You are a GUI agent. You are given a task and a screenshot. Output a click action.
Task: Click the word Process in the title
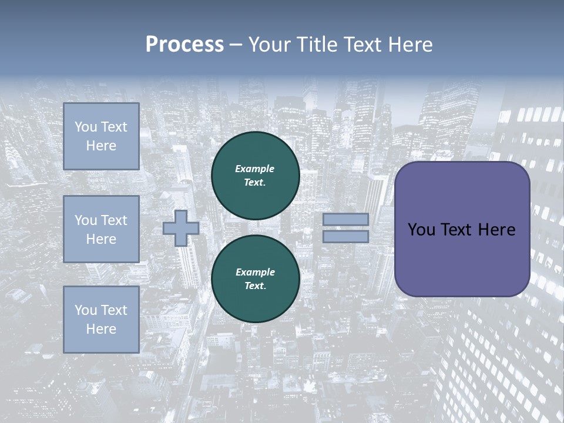coord(184,45)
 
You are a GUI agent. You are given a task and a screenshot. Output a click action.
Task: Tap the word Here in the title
coord(408,45)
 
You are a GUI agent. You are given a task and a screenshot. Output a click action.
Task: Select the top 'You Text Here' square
coord(101,136)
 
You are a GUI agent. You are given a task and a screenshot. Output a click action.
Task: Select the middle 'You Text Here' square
coord(101,229)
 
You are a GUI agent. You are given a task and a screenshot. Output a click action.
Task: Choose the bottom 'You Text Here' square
coord(101,320)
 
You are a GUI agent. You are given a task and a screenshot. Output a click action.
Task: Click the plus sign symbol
coord(181,228)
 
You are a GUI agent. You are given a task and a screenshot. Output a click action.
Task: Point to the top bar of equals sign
coord(345,219)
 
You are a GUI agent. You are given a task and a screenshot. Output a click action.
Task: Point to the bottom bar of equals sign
coord(345,237)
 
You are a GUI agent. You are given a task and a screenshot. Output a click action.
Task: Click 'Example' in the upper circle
coord(255,169)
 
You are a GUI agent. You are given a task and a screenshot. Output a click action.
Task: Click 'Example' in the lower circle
coord(255,272)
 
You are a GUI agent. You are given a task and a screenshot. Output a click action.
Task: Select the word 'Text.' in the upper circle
coord(255,182)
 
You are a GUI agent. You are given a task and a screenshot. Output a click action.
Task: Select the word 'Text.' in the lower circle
coord(255,286)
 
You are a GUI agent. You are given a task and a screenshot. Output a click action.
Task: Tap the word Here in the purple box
coord(496,230)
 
